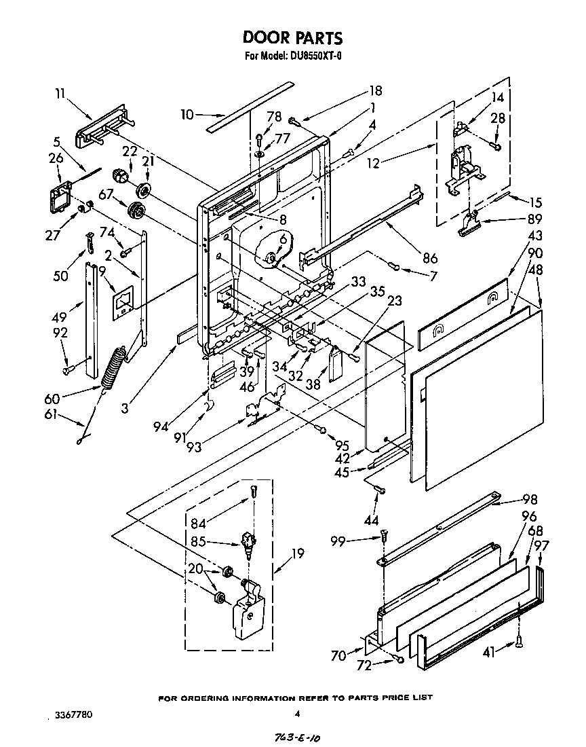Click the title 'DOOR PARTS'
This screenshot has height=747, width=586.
coord(293,39)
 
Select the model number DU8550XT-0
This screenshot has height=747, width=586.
coord(312,57)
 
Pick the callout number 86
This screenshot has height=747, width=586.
coord(429,258)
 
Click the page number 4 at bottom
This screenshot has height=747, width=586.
coord(297,714)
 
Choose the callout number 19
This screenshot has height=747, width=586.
coord(297,553)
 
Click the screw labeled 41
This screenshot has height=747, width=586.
coord(519,639)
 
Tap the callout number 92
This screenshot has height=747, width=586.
coord(61,333)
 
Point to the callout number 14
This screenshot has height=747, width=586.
coord(498,96)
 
